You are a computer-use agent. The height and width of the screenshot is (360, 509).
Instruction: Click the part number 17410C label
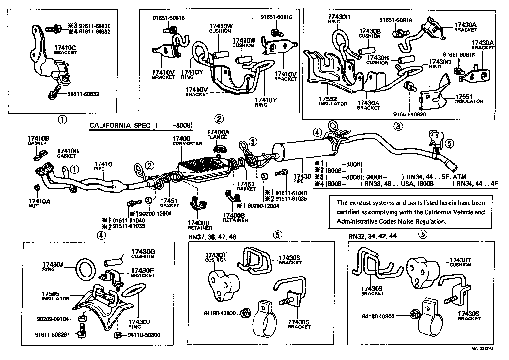coord(65,47)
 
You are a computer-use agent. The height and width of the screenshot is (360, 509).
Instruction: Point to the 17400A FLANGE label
coord(218,134)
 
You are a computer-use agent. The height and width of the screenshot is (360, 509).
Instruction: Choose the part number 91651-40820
coord(409,114)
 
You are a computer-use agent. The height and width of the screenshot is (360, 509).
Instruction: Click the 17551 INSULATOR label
coord(469,99)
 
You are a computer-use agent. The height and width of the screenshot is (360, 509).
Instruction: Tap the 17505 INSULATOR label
coord(55,296)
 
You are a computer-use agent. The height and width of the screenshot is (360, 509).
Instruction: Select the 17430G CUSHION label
coord(143,254)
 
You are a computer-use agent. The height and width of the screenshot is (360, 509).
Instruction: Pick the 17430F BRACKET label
coord(143,273)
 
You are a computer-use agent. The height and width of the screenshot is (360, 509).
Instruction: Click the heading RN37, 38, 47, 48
coord(212,237)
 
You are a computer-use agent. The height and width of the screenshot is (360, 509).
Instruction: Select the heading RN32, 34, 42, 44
coord(372,236)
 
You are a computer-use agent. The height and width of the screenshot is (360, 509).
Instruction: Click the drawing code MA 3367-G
coord(481,349)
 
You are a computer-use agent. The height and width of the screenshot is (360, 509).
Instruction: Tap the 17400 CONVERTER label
coord(187,141)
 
